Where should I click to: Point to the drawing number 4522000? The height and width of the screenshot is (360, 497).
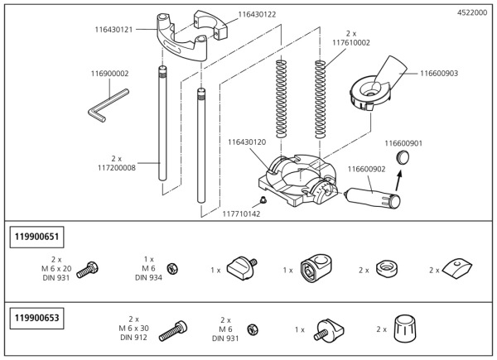[x=472, y=13]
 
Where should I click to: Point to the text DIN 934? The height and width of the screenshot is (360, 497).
[x=147, y=278]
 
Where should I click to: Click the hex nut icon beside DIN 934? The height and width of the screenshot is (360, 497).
[x=172, y=269]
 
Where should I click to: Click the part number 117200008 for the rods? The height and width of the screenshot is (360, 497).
[x=115, y=166]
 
